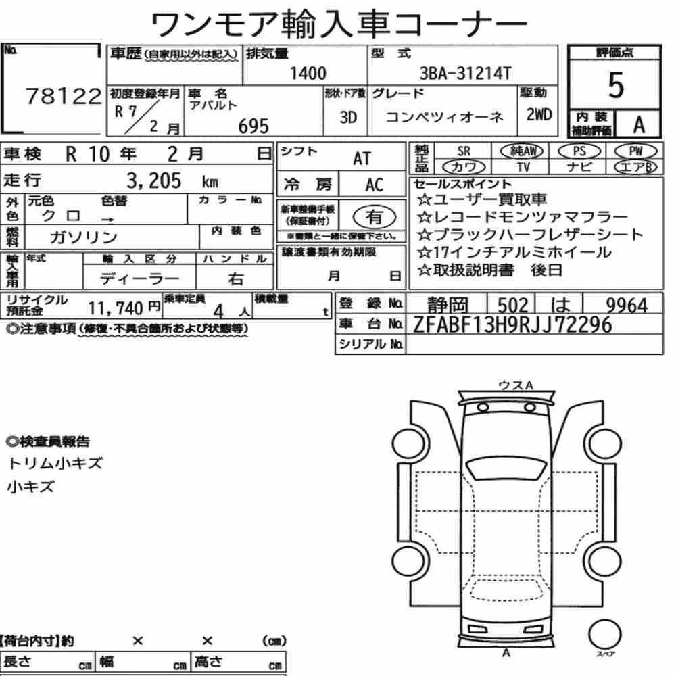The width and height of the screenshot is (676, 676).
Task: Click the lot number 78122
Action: pyautogui.click(x=64, y=96)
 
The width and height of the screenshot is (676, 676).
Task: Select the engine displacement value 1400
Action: pyautogui.click(x=308, y=73)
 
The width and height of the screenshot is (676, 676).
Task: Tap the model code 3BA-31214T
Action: pyautogui.click(x=465, y=73)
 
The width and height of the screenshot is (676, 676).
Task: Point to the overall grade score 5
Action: pyautogui.click(x=615, y=85)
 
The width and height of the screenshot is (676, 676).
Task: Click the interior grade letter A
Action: pyautogui.click(x=639, y=125)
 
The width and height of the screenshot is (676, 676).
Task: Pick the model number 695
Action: pyautogui.click(x=254, y=126)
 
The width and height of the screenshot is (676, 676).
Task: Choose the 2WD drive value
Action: pyautogui.click(x=539, y=114)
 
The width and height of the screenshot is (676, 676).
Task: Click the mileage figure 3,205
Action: pyautogui.click(x=154, y=180)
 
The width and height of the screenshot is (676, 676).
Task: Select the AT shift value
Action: pyautogui.click(x=362, y=159)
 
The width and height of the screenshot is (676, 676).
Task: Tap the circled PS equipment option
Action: pyautogui.click(x=579, y=151)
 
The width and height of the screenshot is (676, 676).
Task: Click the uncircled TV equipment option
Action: pyautogui.click(x=523, y=167)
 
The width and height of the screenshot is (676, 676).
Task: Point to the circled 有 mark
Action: pyautogui.click(x=374, y=217)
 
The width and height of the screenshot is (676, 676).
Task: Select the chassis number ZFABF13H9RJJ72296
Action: pyautogui.click(x=512, y=324)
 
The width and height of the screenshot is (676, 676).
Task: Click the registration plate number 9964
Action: pyautogui.click(x=627, y=306)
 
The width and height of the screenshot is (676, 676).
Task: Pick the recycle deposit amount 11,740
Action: pyautogui.click(x=116, y=308)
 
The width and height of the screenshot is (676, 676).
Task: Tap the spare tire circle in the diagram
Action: pyautogui.click(x=604, y=634)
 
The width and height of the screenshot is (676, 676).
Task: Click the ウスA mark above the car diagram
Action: pyautogui.click(x=515, y=385)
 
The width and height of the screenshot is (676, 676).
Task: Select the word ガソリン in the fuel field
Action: pyautogui.click(x=83, y=237)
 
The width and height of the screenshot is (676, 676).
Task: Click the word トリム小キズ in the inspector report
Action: pyautogui.click(x=55, y=464)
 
